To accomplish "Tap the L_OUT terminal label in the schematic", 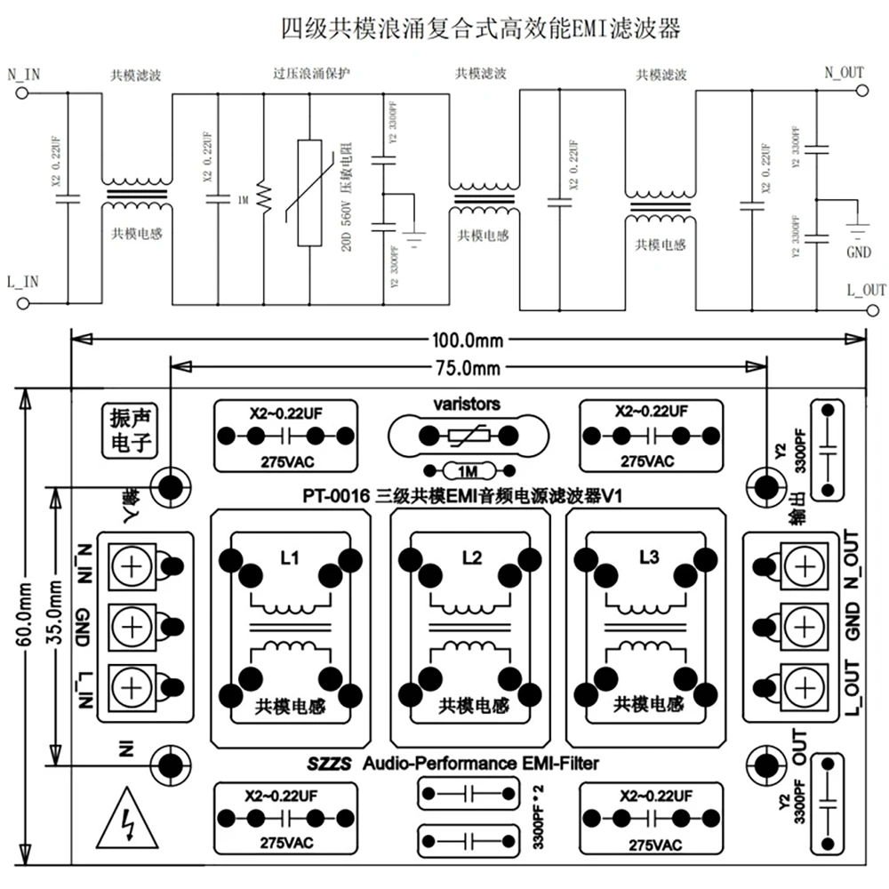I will point(866,290).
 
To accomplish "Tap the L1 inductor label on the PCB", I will point(289,558).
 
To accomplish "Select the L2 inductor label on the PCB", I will point(471,558).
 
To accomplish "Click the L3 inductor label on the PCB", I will point(649,558).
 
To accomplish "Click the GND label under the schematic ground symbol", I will point(858,252).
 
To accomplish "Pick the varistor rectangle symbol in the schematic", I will point(308,191).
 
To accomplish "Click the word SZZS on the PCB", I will point(330,763).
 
